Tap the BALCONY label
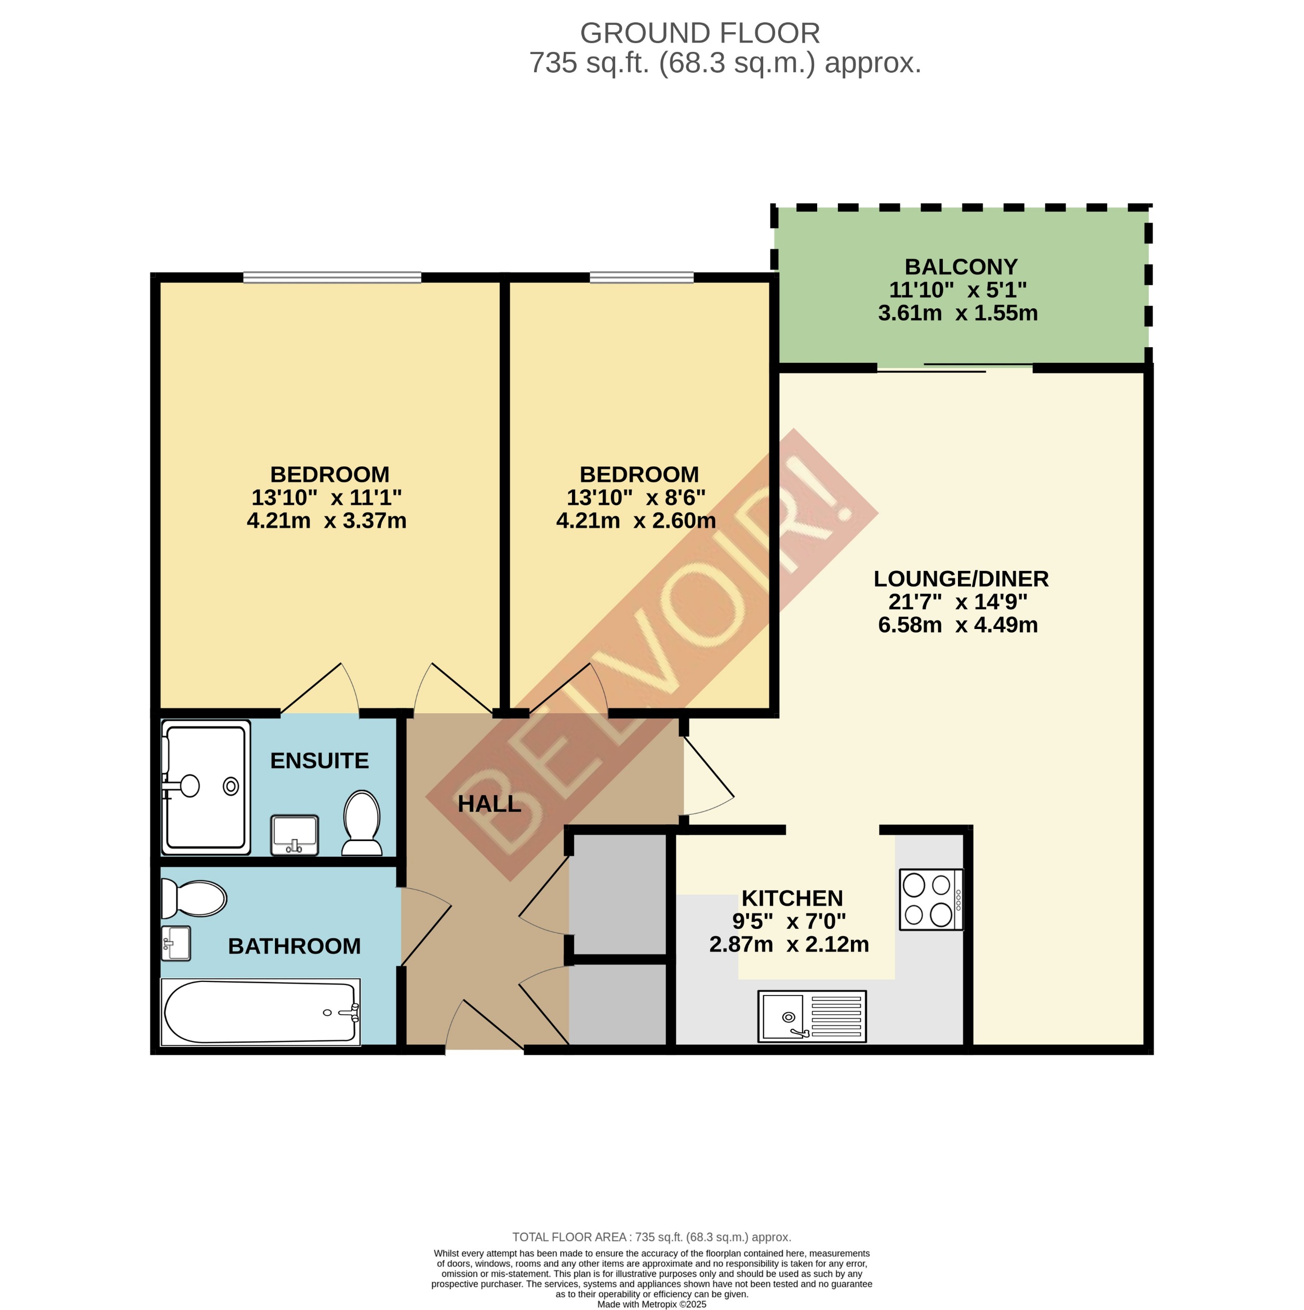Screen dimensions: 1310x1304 (x=961, y=267)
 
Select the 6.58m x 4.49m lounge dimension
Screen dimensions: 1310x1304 (x=957, y=624)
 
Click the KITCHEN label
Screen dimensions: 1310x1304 (x=792, y=898)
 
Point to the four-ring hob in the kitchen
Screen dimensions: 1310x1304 (x=930, y=899)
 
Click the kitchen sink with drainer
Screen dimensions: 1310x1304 (x=811, y=1016)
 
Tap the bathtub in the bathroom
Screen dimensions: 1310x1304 (x=260, y=1012)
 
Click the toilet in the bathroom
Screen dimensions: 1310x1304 (x=194, y=898)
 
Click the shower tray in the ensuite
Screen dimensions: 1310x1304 (x=205, y=787)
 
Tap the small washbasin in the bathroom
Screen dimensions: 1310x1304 (x=176, y=943)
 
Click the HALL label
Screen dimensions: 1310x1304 (x=489, y=804)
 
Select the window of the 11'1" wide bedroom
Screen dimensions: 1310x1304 (x=331, y=277)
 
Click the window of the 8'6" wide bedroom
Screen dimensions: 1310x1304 (x=641, y=277)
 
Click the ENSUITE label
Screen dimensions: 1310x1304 (x=319, y=761)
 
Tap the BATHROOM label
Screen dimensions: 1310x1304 (x=294, y=946)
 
